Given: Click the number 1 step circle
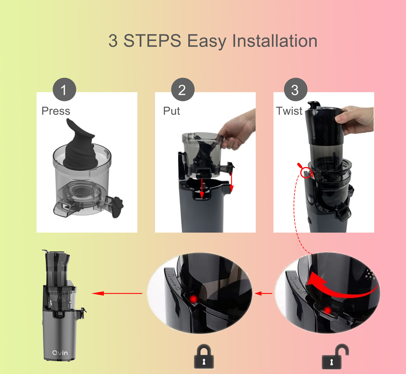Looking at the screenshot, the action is pyautogui.click(x=64, y=90).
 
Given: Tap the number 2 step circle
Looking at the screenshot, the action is pyautogui.click(x=183, y=90).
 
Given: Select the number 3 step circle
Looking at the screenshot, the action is pyautogui.click(x=296, y=90).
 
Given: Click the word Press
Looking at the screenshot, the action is pyautogui.click(x=56, y=111).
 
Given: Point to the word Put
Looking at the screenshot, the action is pyautogui.click(x=171, y=111).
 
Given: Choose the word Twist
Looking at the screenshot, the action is pyautogui.click(x=289, y=111).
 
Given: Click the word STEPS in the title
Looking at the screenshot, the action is pyautogui.click(x=152, y=41).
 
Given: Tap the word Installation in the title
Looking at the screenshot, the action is pyautogui.click(x=275, y=41).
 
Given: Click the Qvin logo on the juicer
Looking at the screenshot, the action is pyautogui.click(x=60, y=353).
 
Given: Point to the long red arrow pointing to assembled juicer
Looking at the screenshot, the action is pyautogui.click(x=117, y=293).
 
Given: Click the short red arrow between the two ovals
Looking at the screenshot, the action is pyautogui.click(x=264, y=293).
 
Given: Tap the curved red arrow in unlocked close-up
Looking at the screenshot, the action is pyautogui.click(x=341, y=288).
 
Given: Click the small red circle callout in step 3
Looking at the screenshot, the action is pyautogui.click(x=306, y=172).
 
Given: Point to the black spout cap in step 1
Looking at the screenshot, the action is pyautogui.click(x=117, y=207).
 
